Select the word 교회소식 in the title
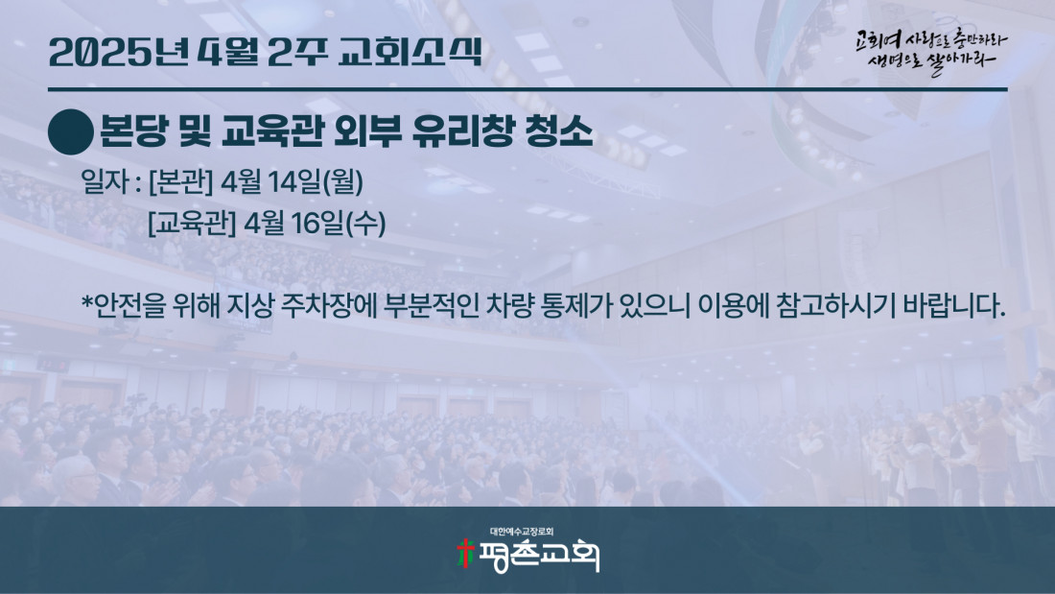(x=410, y=52)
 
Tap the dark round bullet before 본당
(x=71, y=132)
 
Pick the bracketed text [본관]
(x=180, y=181)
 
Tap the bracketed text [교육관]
(x=192, y=223)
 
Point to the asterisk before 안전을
(x=87, y=300)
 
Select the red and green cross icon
(x=465, y=554)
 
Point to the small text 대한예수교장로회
(x=522, y=532)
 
